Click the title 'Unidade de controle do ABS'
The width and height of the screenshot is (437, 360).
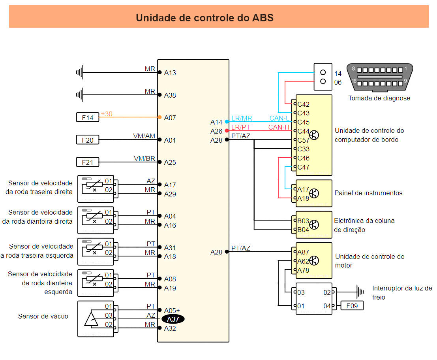(204, 18)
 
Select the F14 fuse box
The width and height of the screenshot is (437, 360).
(88, 117)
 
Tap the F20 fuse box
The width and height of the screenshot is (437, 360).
(88, 140)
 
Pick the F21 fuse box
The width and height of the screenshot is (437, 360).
(88, 162)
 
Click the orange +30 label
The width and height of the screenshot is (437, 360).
(107, 114)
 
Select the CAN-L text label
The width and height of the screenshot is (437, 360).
(279, 118)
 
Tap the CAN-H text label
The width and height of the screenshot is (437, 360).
(279, 127)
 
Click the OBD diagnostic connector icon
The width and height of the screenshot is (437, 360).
(380, 77)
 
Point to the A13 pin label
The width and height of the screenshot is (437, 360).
(170, 73)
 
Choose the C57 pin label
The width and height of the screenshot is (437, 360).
(303, 140)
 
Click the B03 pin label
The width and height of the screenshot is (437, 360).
(303, 221)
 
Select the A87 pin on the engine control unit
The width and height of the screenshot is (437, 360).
(303, 252)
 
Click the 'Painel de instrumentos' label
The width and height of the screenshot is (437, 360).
(368, 193)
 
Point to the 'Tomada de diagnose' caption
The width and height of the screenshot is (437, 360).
(379, 98)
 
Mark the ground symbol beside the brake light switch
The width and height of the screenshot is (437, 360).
(359, 292)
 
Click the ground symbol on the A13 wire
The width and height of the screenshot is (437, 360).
(80, 72)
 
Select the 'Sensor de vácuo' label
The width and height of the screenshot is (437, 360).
(43, 316)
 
